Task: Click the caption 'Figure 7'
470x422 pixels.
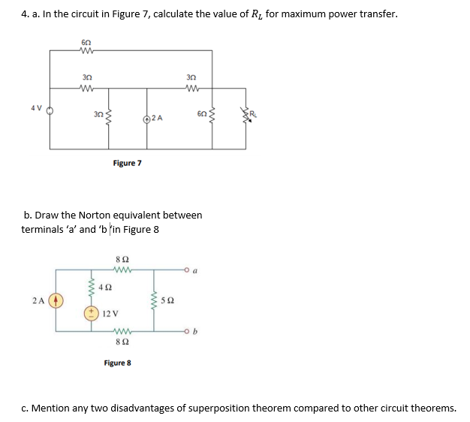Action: (127, 163)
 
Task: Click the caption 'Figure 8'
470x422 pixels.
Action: (118, 363)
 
